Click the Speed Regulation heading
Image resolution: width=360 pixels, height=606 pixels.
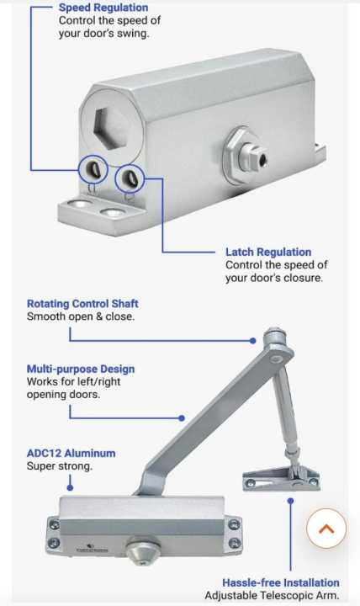point(103,8)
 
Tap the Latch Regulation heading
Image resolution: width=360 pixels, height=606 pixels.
point(268,252)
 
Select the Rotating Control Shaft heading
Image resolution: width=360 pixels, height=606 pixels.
point(82,304)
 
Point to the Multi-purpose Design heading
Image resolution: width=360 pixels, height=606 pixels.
point(81,369)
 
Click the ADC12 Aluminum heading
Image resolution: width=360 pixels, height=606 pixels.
point(71,454)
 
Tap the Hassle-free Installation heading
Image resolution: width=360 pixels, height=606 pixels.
point(281,582)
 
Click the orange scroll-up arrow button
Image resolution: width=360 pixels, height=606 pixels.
point(326,529)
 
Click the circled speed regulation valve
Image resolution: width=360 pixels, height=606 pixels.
point(93,169)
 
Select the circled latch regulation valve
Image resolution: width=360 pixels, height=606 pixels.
point(130,178)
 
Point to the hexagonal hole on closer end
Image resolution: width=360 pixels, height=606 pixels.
point(111,127)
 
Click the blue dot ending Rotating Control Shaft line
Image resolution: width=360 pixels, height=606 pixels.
point(252,341)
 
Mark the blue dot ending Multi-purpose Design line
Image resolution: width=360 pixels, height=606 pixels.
point(182,417)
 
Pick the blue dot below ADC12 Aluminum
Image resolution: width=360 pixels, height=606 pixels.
point(70,487)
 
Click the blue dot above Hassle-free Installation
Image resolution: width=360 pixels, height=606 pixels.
point(290,501)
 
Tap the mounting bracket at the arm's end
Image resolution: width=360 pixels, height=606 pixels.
point(281,479)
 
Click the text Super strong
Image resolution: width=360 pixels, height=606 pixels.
point(60,466)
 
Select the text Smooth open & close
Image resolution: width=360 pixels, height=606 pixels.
point(81,317)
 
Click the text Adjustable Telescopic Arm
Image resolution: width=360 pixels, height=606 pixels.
point(272,596)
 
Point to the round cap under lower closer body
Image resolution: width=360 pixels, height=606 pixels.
point(143,549)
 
